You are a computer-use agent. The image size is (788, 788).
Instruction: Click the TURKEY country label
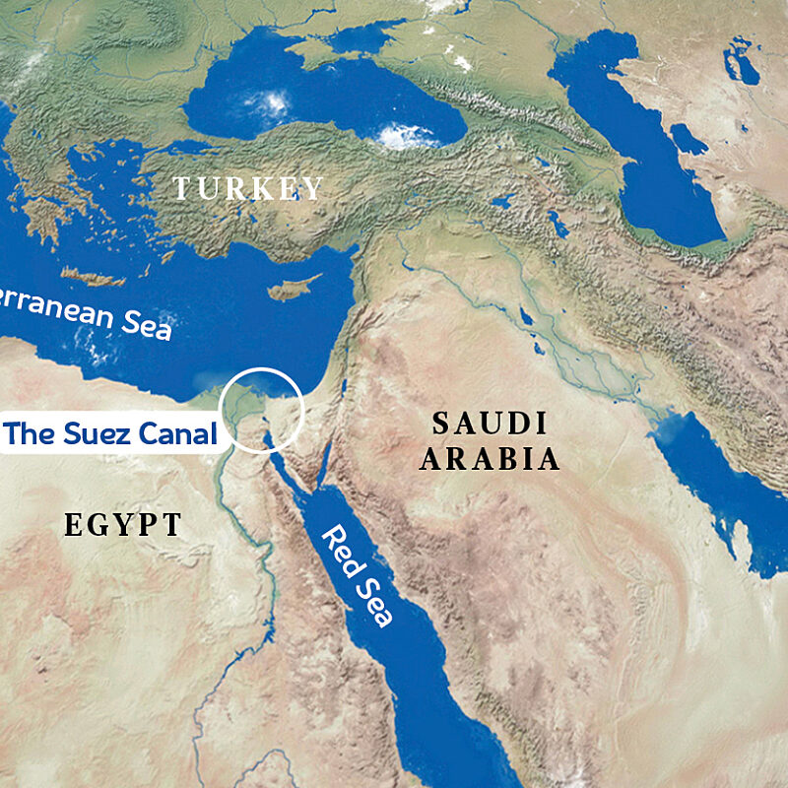click(248, 188)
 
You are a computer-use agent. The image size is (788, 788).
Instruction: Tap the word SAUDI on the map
click(490, 424)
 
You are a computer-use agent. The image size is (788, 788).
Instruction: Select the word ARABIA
click(490, 459)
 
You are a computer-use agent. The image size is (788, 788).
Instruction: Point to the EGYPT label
click(123, 525)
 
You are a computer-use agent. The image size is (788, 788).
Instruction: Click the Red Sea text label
click(359, 576)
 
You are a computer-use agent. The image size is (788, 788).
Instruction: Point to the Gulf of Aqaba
click(317, 448)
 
